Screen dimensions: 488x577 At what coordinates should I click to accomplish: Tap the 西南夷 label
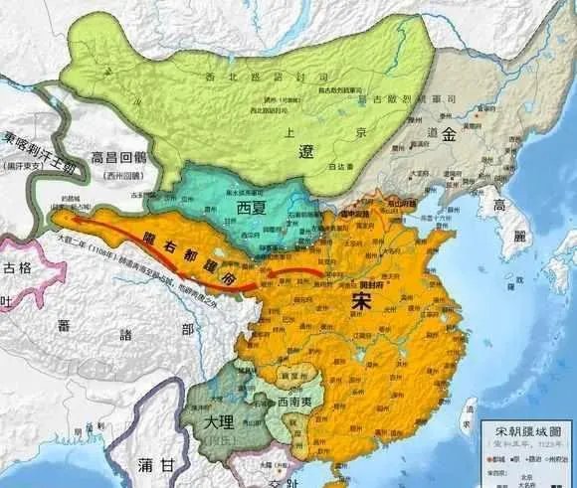[280, 406]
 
